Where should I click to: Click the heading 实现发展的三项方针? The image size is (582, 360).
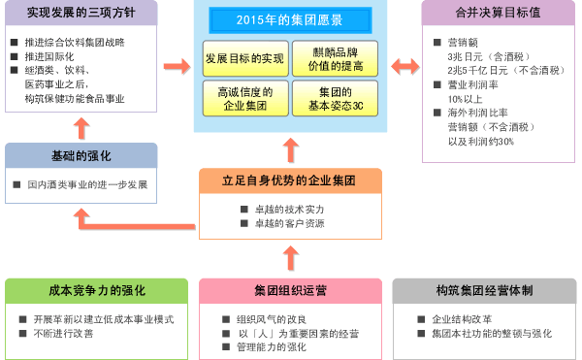(81, 15)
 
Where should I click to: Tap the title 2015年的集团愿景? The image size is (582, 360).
(289, 19)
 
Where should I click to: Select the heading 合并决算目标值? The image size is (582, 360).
(497, 15)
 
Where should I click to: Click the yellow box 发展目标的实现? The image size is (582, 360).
(244, 59)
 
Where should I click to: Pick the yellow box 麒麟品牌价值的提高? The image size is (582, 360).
(333, 59)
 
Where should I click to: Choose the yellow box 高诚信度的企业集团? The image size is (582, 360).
(244, 99)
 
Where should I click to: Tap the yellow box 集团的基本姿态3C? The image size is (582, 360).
(333, 99)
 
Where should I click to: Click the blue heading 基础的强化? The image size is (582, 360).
(81, 155)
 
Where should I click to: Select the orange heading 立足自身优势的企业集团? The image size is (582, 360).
(289, 180)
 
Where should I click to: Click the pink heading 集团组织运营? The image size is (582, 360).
(289, 290)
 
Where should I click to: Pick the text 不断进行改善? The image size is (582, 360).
(64, 333)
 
